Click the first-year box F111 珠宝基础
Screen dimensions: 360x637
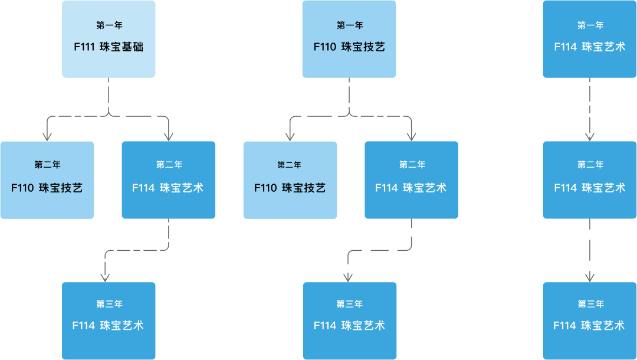click(109, 39)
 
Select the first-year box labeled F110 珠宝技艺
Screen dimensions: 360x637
click(349, 39)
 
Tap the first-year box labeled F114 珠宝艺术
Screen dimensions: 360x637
click(590, 39)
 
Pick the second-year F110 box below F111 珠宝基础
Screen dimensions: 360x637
click(47, 180)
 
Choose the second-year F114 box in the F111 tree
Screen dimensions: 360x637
click(169, 180)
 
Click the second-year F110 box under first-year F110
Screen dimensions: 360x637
click(290, 180)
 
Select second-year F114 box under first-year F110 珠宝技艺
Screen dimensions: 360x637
click(411, 180)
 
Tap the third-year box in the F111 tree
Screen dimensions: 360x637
click(109, 321)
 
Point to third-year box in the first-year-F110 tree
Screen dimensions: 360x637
click(349, 321)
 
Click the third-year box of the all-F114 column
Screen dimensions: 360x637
click(590, 321)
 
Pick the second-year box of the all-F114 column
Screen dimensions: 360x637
click(590, 180)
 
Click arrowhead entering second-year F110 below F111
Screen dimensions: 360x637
click(47, 137)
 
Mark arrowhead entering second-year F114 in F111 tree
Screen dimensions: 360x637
click(169, 137)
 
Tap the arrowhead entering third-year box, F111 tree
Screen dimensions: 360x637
click(106, 277)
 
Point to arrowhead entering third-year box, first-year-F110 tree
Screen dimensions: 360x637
click(348, 277)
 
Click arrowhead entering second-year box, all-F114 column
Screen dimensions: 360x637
click(590, 137)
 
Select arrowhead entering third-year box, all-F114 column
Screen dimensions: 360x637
click(590, 277)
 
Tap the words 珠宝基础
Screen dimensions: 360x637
click(122, 47)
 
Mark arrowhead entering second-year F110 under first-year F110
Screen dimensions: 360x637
click(290, 137)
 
